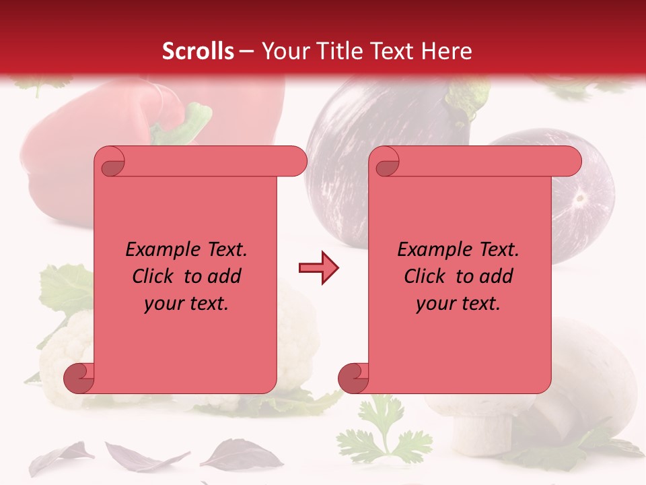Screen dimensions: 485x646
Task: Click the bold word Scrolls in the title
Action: (x=198, y=51)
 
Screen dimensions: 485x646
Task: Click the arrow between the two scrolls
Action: (x=318, y=268)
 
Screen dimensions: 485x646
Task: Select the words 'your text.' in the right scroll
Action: (x=458, y=303)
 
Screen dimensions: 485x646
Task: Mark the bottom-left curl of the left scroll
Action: (x=79, y=378)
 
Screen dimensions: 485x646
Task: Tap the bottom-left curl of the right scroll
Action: (x=353, y=378)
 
